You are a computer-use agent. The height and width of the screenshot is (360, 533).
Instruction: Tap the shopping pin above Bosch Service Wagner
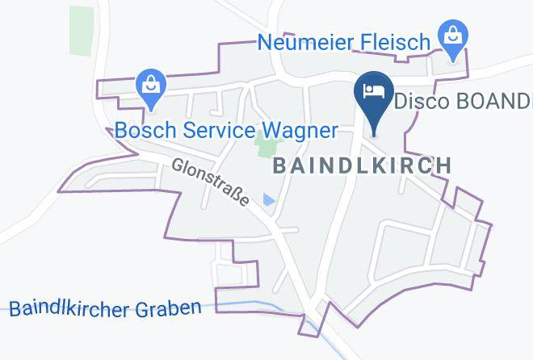[x=150, y=86]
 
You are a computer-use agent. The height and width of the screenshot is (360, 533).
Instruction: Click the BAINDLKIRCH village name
[x=362, y=165]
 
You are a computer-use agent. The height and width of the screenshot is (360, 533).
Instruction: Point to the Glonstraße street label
[x=211, y=182]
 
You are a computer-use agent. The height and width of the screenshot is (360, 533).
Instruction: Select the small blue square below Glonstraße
[x=269, y=199]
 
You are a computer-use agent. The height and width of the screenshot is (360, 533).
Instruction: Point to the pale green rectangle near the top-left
[x=81, y=31]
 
